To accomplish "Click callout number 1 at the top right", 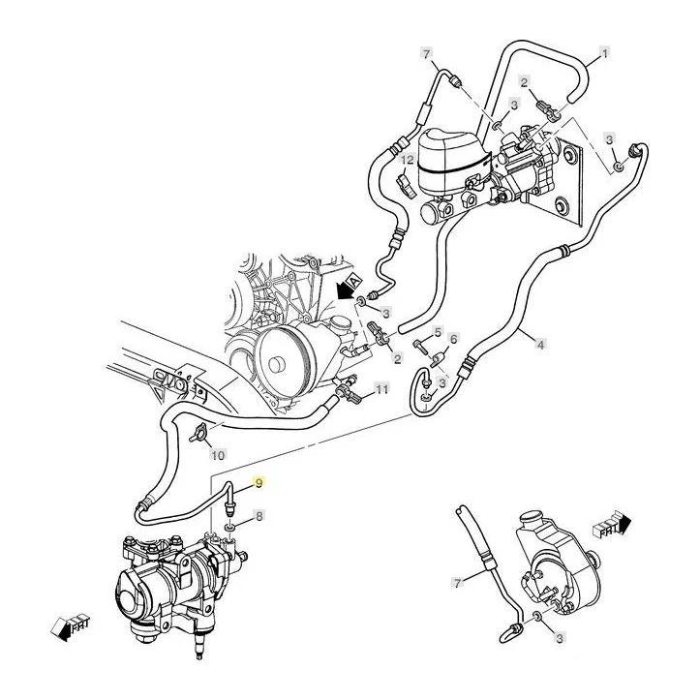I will [605, 52].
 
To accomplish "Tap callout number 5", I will [438, 332].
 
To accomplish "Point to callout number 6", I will [452, 340].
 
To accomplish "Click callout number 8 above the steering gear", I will [259, 517].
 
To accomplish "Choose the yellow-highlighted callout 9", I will [259, 482].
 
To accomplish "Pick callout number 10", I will [218, 454].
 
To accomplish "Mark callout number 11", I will [381, 389].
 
